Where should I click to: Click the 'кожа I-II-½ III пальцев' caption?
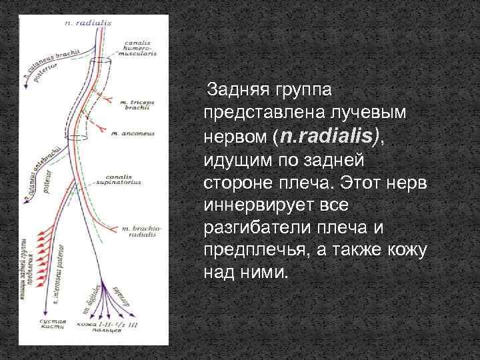point(107,327)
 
